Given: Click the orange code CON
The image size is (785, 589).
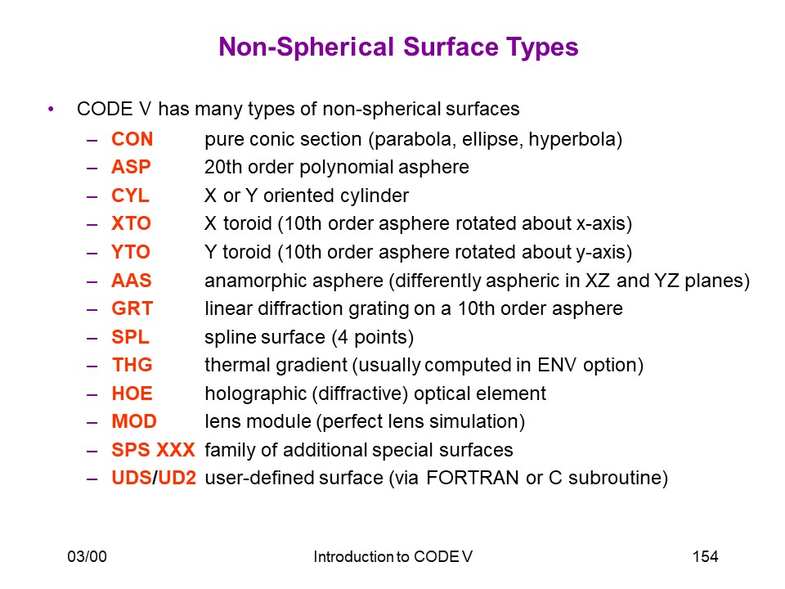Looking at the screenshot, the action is [132, 139].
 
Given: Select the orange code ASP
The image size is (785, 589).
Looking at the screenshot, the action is [131, 167].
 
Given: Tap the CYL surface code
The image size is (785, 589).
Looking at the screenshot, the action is [130, 196].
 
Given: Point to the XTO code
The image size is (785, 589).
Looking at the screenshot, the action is [131, 223].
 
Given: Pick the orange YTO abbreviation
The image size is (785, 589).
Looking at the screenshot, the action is [131, 252].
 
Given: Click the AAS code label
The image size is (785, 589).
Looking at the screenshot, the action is [131, 281].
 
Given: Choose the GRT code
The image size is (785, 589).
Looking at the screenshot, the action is [132, 308].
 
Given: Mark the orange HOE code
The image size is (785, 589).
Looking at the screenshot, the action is [132, 393].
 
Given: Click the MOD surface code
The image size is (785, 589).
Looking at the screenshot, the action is [134, 421].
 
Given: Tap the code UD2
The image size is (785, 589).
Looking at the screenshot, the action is [177, 478].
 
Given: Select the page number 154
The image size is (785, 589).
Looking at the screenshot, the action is [706, 556].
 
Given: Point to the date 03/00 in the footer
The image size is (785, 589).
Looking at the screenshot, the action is [87, 556].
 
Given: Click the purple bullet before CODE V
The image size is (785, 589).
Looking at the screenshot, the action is [51, 109].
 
